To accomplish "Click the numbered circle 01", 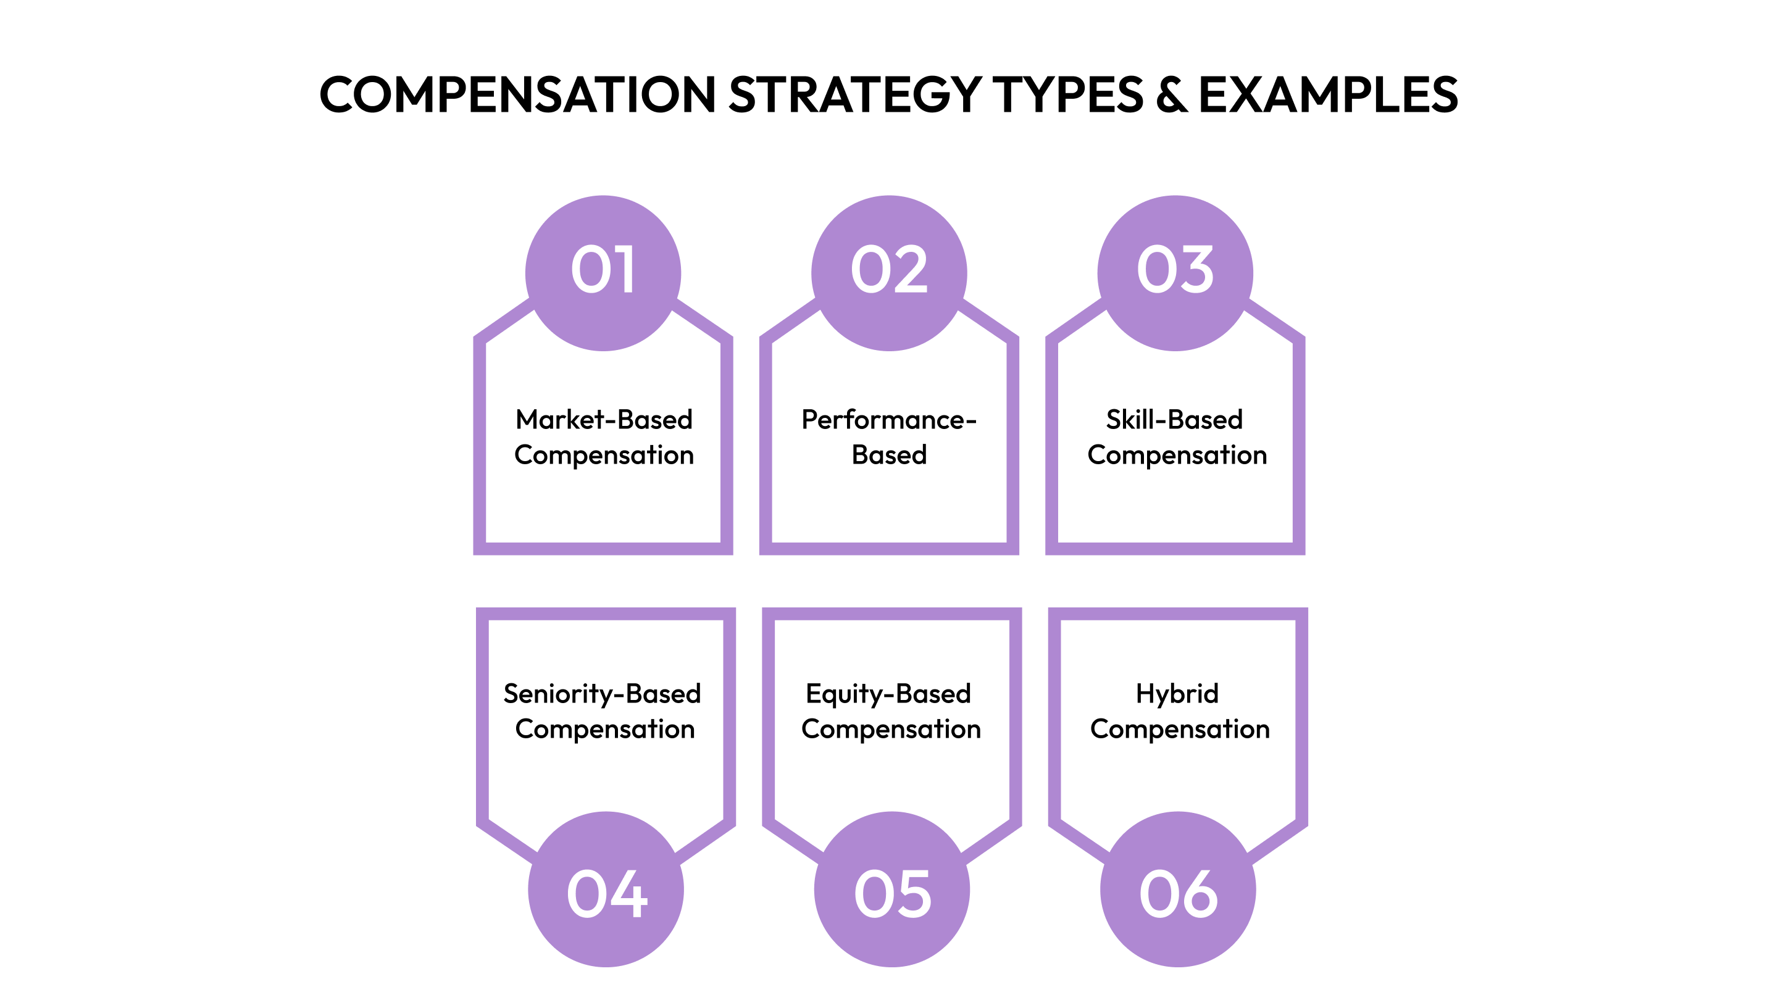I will click(x=603, y=273).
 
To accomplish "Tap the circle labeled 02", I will click(x=889, y=273).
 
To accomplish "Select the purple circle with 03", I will click(x=1175, y=273).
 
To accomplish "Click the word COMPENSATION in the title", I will click(x=518, y=94).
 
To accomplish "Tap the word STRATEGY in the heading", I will click(x=855, y=94).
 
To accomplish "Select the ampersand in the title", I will click(x=1171, y=94).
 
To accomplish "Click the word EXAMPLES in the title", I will click(x=1328, y=94).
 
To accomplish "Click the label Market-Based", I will click(x=604, y=420).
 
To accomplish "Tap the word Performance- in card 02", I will click(x=889, y=420).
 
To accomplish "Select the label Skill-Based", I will click(x=1175, y=420).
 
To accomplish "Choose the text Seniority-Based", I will click(x=602, y=694).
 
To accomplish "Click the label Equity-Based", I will click(x=888, y=694).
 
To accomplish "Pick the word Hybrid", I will click(x=1177, y=694).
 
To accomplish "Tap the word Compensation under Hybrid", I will click(x=1180, y=730).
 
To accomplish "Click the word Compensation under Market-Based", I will click(x=604, y=456).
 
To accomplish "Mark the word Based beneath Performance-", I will click(x=889, y=456).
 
